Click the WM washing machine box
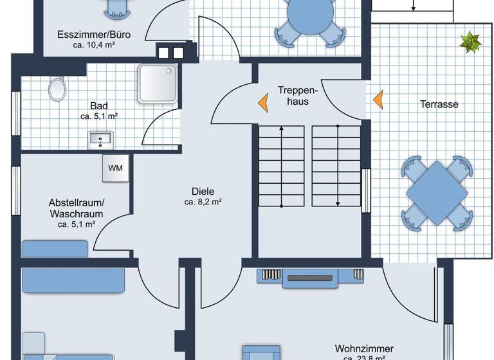click(116, 168)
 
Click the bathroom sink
click(100, 138)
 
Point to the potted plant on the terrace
click(470, 42)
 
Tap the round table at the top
click(309, 13)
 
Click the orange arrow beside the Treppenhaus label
click(263, 102)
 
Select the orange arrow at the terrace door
click(378, 99)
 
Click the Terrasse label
click(439, 104)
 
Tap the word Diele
click(203, 190)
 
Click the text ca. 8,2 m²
click(203, 202)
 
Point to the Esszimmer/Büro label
click(95, 34)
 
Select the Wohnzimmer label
click(363, 349)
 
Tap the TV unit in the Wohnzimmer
click(311, 276)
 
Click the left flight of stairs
click(282, 166)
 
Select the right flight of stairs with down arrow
click(336, 166)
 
